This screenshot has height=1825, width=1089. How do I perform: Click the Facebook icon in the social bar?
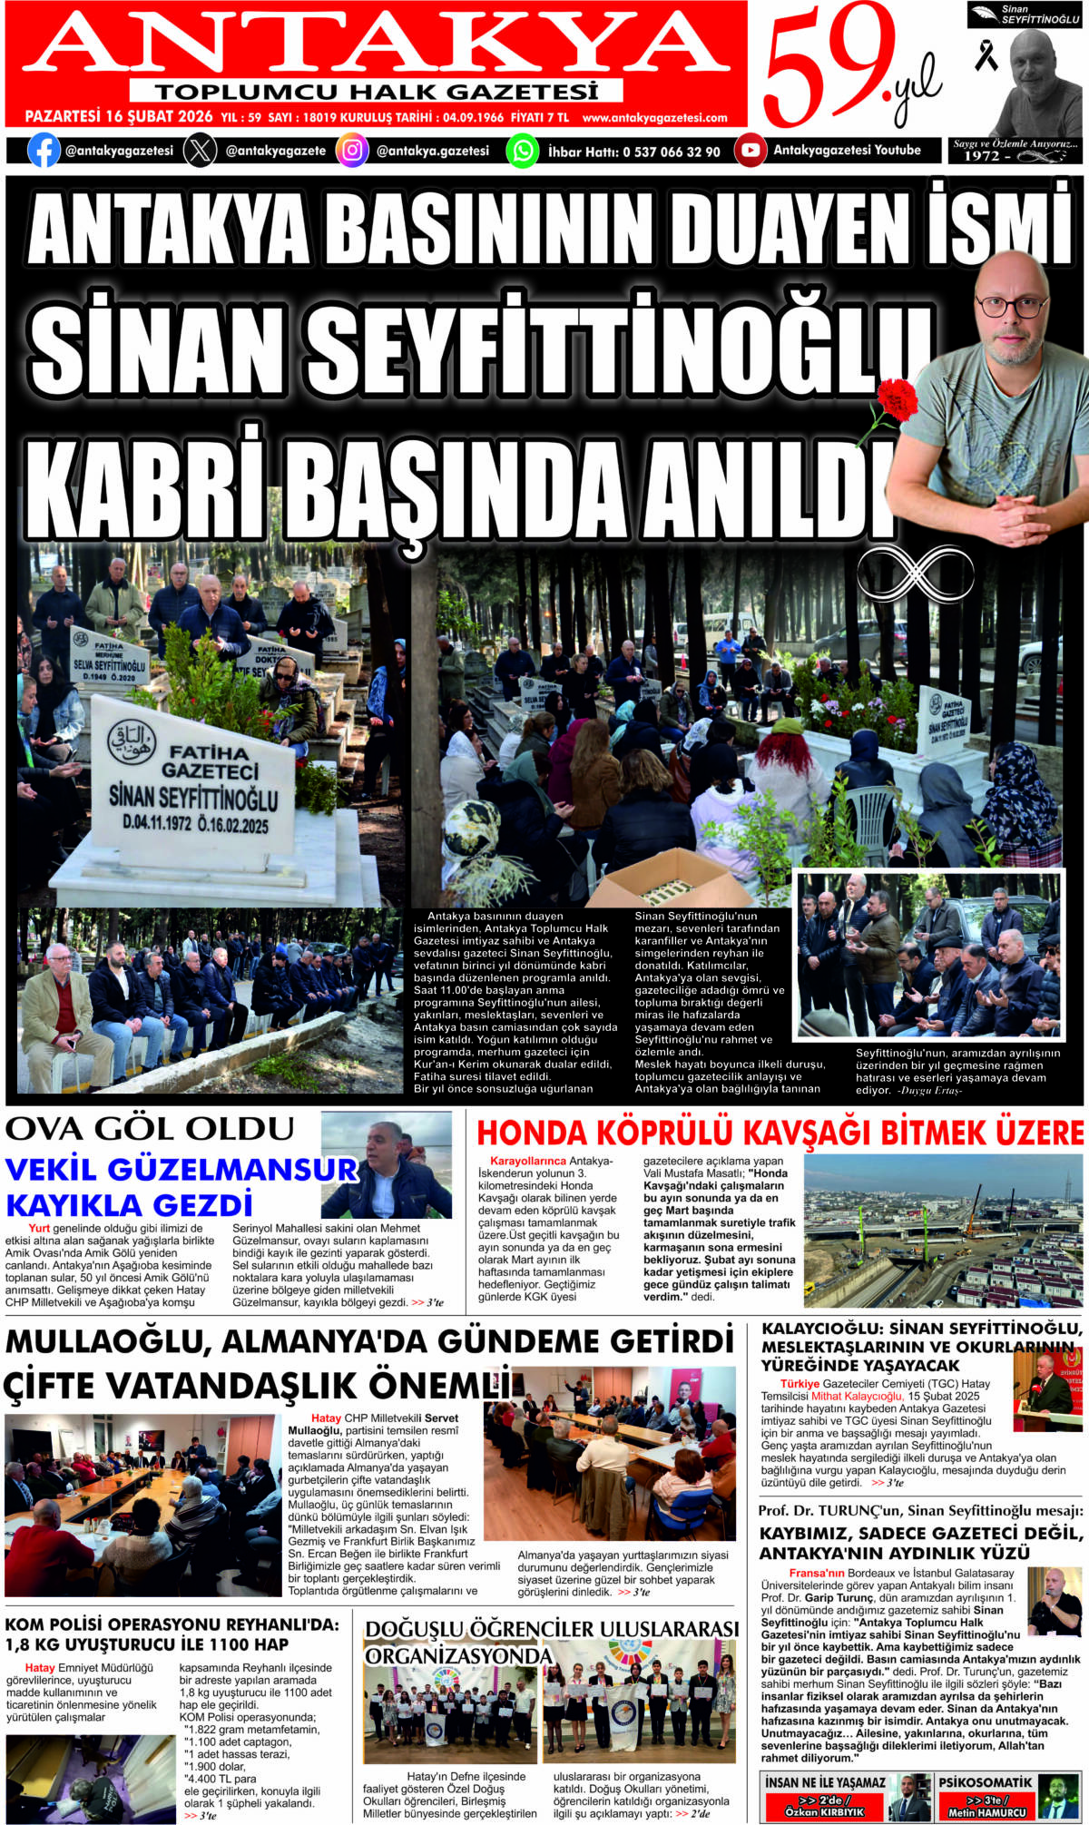[44, 150]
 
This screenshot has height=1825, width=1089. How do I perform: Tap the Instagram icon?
[352, 150]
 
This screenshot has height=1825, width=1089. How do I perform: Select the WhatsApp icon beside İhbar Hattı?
[523, 150]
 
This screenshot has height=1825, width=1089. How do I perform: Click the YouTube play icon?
[750, 150]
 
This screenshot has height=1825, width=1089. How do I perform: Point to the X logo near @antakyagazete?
[200, 150]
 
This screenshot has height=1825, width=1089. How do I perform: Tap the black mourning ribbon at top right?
[986, 56]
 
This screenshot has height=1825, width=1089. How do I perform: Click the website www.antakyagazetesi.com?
[654, 118]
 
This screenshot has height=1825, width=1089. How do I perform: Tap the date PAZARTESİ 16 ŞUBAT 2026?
[118, 117]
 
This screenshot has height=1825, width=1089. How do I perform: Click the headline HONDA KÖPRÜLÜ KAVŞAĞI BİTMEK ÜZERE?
[780, 1133]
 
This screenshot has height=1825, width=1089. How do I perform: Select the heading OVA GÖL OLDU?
[151, 1129]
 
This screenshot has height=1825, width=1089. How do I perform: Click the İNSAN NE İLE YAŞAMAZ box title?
[824, 1782]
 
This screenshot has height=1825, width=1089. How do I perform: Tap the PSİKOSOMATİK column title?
[985, 1782]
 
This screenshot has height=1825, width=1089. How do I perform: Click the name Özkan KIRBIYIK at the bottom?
[824, 1811]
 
